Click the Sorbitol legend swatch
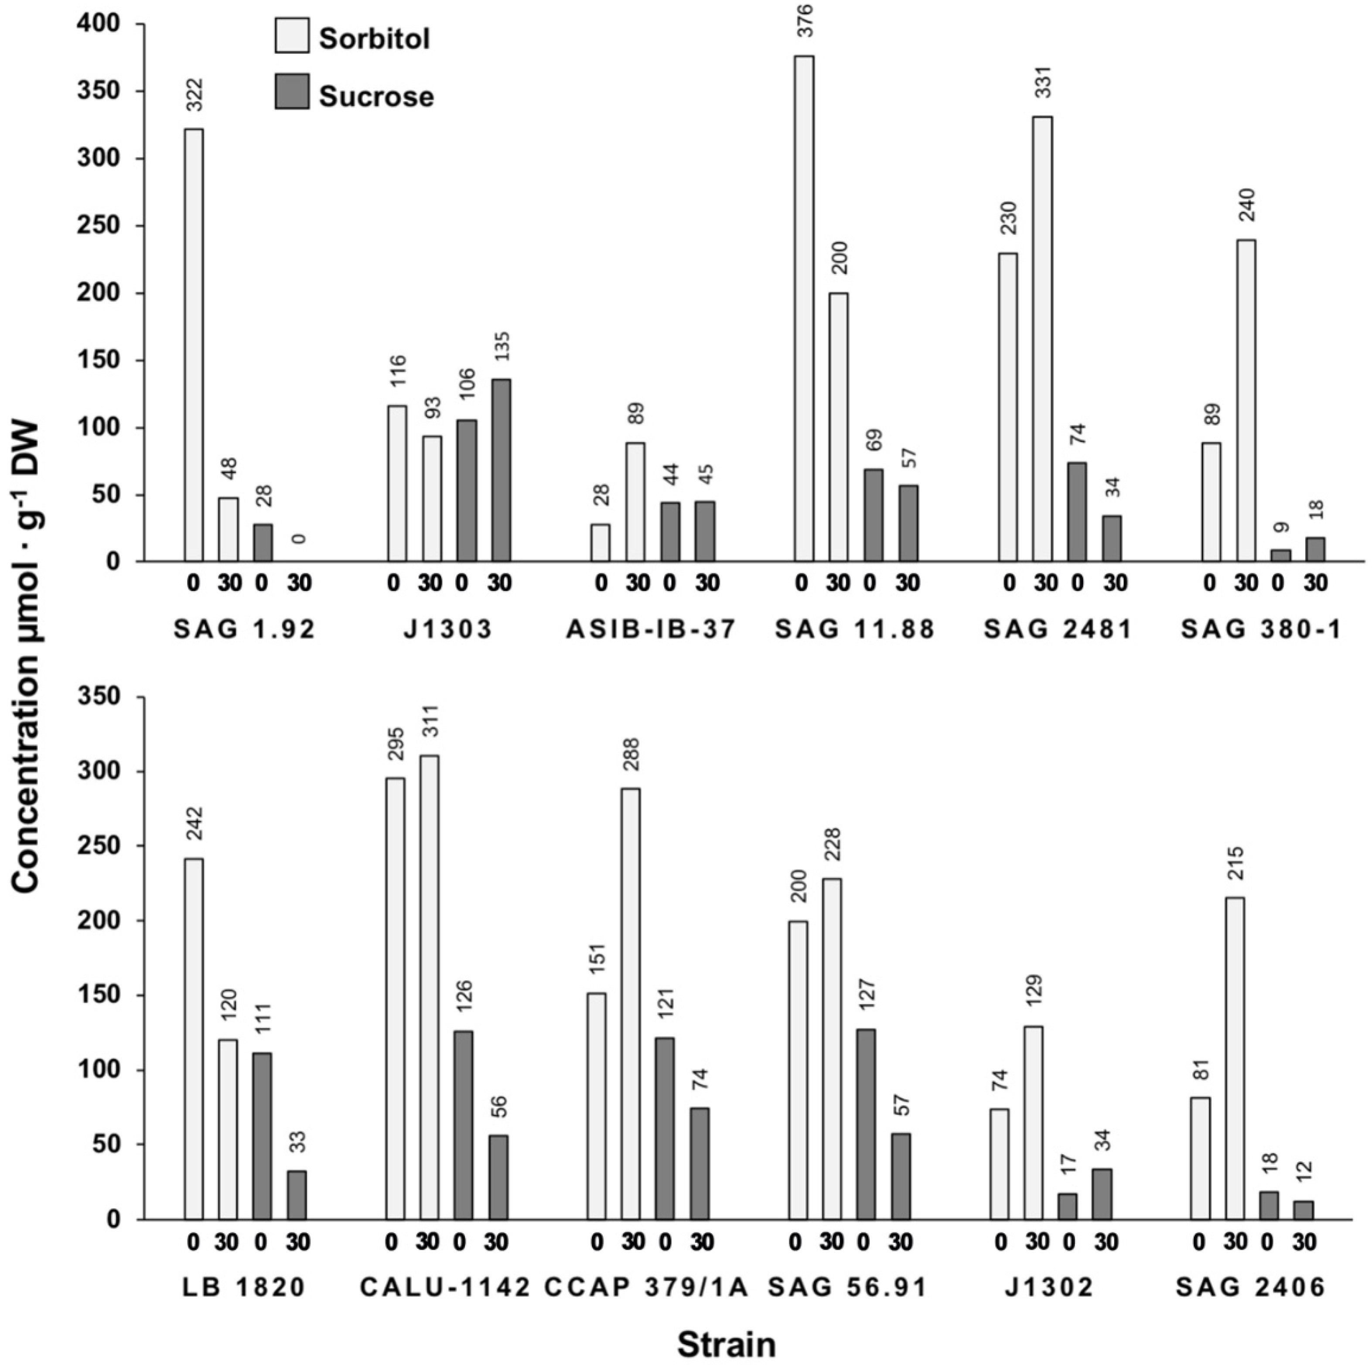click(292, 35)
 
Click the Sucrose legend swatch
click(292, 92)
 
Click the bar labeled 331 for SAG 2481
click(1042, 339)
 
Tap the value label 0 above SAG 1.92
click(299, 538)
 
